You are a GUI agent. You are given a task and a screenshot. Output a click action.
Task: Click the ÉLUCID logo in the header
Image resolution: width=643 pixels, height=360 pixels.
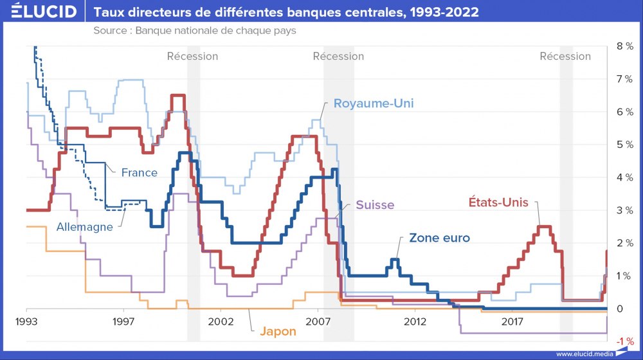[x=40, y=12]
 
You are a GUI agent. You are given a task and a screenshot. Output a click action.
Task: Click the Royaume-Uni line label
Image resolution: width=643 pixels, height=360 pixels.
[x=374, y=104]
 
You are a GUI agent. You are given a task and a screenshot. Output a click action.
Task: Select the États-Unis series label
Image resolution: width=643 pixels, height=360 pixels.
[x=497, y=202]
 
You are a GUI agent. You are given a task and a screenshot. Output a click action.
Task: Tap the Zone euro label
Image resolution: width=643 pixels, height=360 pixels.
[x=439, y=238]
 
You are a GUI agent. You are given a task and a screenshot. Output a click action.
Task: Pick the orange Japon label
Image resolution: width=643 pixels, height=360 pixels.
[x=278, y=332]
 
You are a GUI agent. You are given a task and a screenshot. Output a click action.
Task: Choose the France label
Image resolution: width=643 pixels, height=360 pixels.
[x=139, y=172]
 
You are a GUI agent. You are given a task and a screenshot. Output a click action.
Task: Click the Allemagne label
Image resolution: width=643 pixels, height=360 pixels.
[x=84, y=227]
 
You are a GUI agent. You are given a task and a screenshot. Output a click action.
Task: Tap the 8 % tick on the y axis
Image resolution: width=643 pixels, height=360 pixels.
[x=624, y=46]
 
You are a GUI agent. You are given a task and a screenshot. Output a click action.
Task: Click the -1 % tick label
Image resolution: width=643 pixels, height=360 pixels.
[x=625, y=341]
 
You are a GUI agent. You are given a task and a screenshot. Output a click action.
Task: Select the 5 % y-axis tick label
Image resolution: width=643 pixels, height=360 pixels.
[x=624, y=145]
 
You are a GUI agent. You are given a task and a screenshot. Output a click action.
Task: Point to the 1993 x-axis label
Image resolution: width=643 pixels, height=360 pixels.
[x=26, y=320]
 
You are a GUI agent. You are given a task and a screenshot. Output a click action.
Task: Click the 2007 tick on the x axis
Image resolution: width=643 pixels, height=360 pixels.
[x=318, y=320]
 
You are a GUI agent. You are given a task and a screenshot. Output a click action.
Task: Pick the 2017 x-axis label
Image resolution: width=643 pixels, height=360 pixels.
[x=512, y=320]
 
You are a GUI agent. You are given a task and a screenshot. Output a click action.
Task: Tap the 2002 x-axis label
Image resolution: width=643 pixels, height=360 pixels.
[x=220, y=320]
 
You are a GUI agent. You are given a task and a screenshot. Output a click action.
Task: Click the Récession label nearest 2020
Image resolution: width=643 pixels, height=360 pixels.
[x=565, y=56]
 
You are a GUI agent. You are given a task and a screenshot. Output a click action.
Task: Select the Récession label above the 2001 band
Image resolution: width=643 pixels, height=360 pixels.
[x=192, y=56]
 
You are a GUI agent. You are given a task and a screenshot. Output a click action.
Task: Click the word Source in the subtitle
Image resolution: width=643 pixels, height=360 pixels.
[x=111, y=31]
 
